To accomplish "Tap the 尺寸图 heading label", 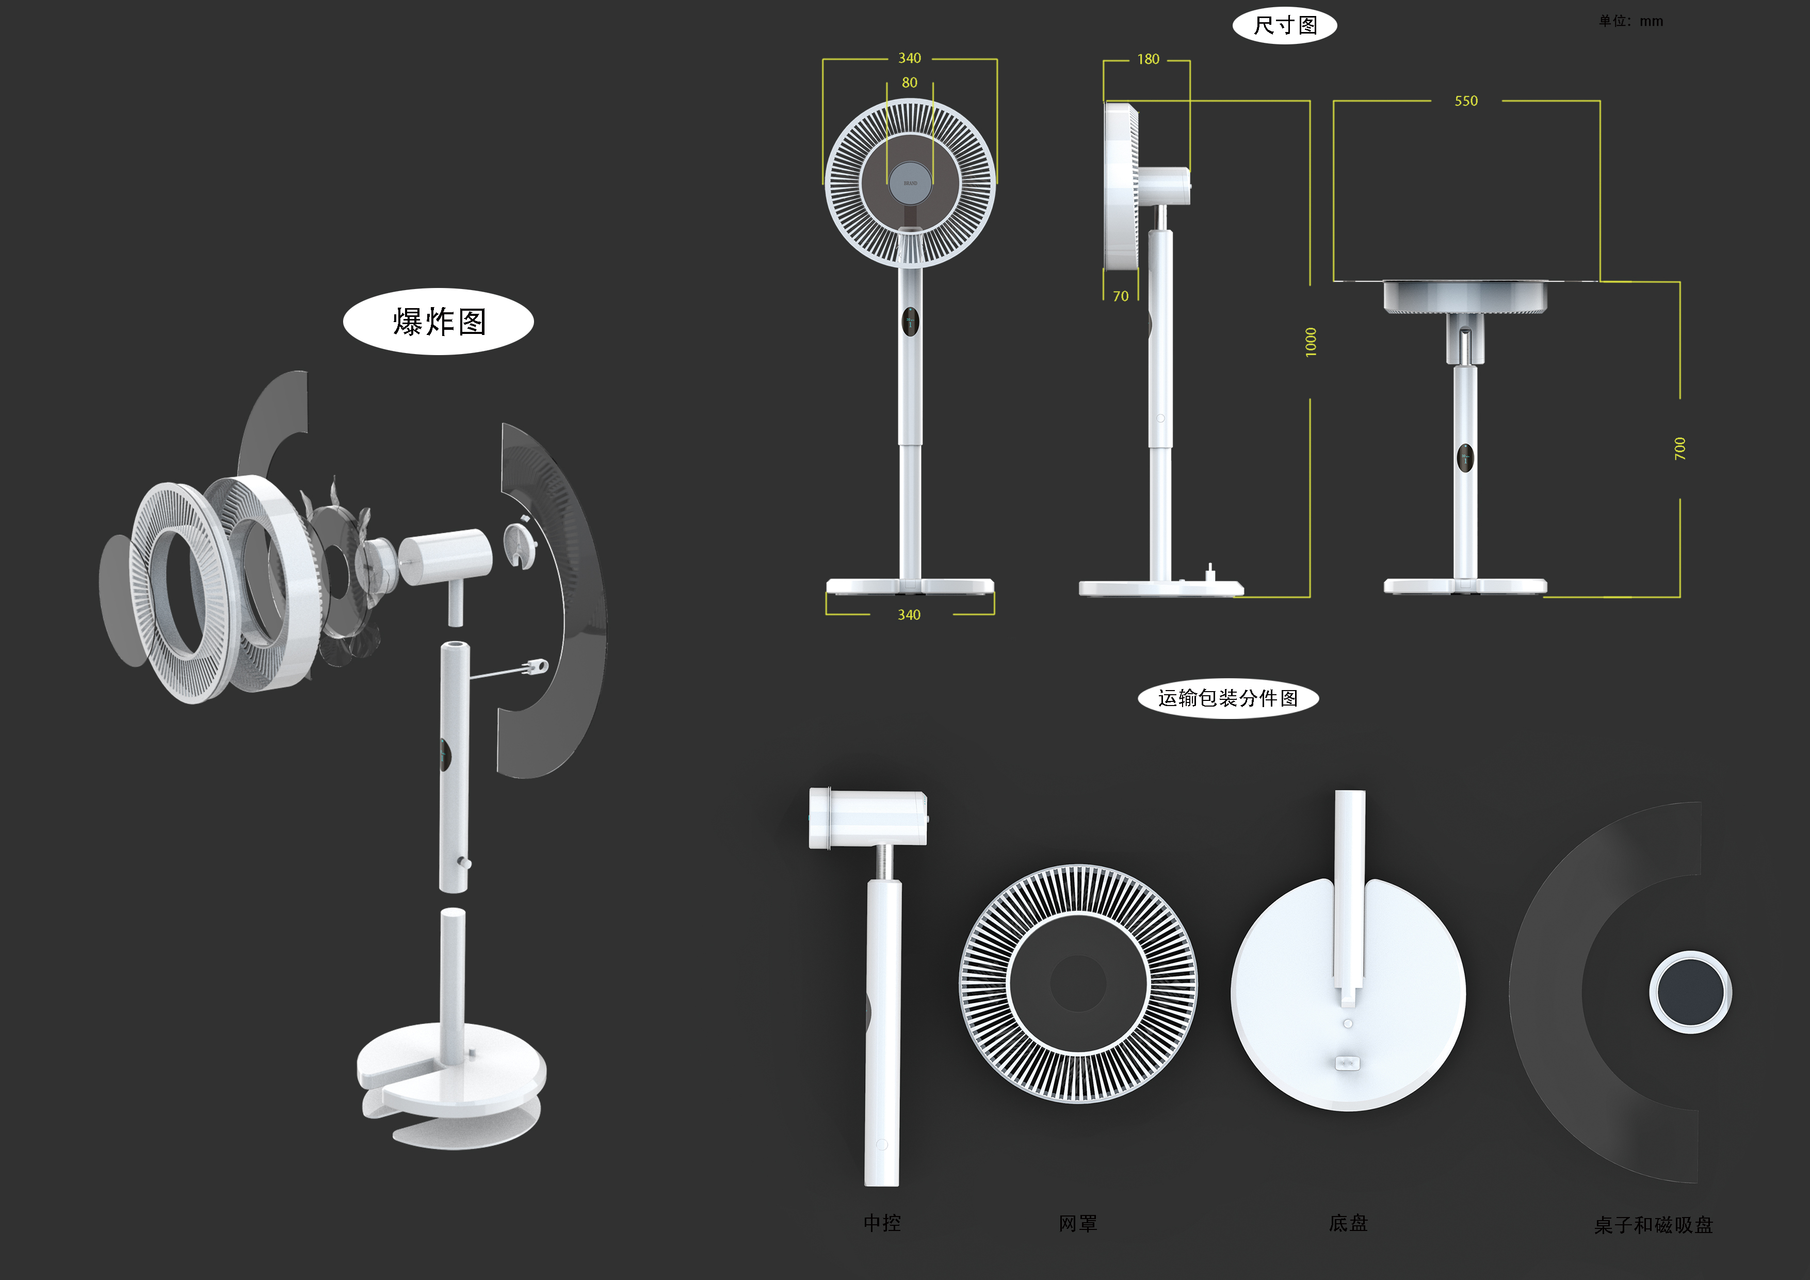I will click(x=1284, y=25).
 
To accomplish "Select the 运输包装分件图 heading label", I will click(x=1227, y=698).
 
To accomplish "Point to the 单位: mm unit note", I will click(x=1630, y=21).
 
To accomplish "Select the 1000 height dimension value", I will click(x=1310, y=342).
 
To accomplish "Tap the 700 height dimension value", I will click(x=1680, y=449).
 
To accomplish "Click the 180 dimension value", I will click(x=1148, y=59).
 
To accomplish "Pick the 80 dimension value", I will click(x=909, y=83).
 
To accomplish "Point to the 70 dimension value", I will click(x=1120, y=297).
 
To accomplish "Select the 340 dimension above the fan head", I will click(x=909, y=58).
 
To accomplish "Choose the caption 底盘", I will click(x=1348, y=1223).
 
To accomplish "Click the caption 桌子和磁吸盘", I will click(x=1653, y=1225).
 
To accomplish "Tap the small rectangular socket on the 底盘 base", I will click(x=1347, y=1063).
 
